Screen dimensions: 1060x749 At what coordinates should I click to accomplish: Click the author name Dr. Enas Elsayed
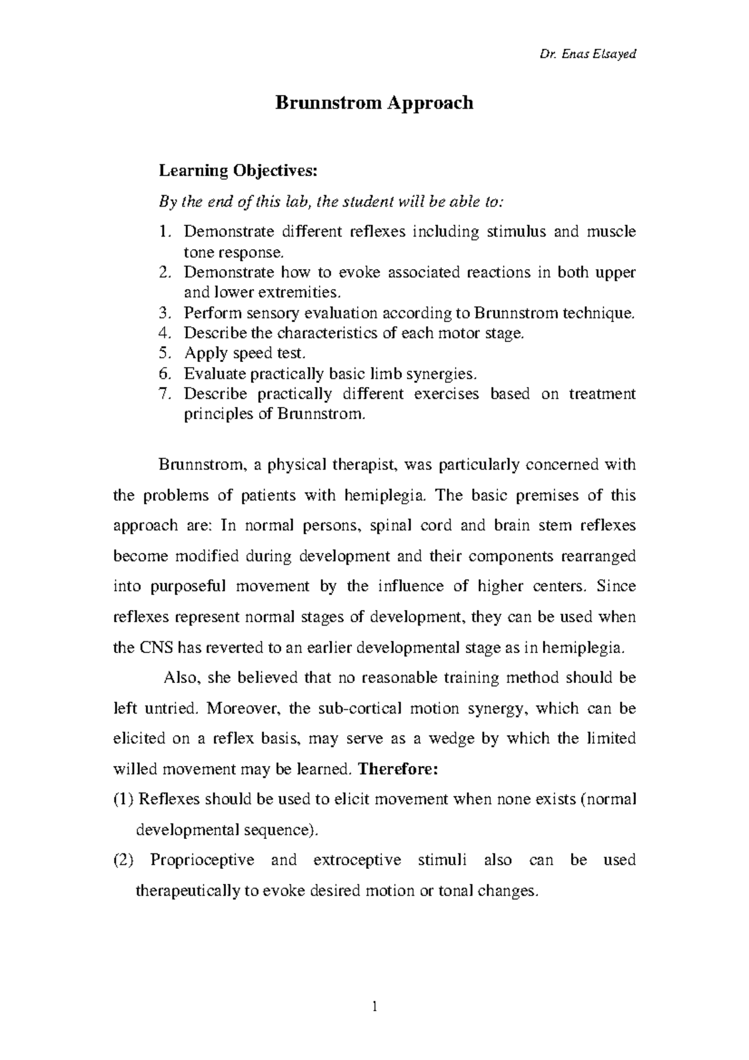pyautogui.click(x=587, y=54)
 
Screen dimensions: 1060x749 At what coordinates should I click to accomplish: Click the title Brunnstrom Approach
pyautogui.click(x=374, y=102)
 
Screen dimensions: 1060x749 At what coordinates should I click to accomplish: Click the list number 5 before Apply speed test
pyautogui.click(x=164, y=353)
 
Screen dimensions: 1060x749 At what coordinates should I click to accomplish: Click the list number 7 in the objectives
pyautogui.click(x=164, y=395)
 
